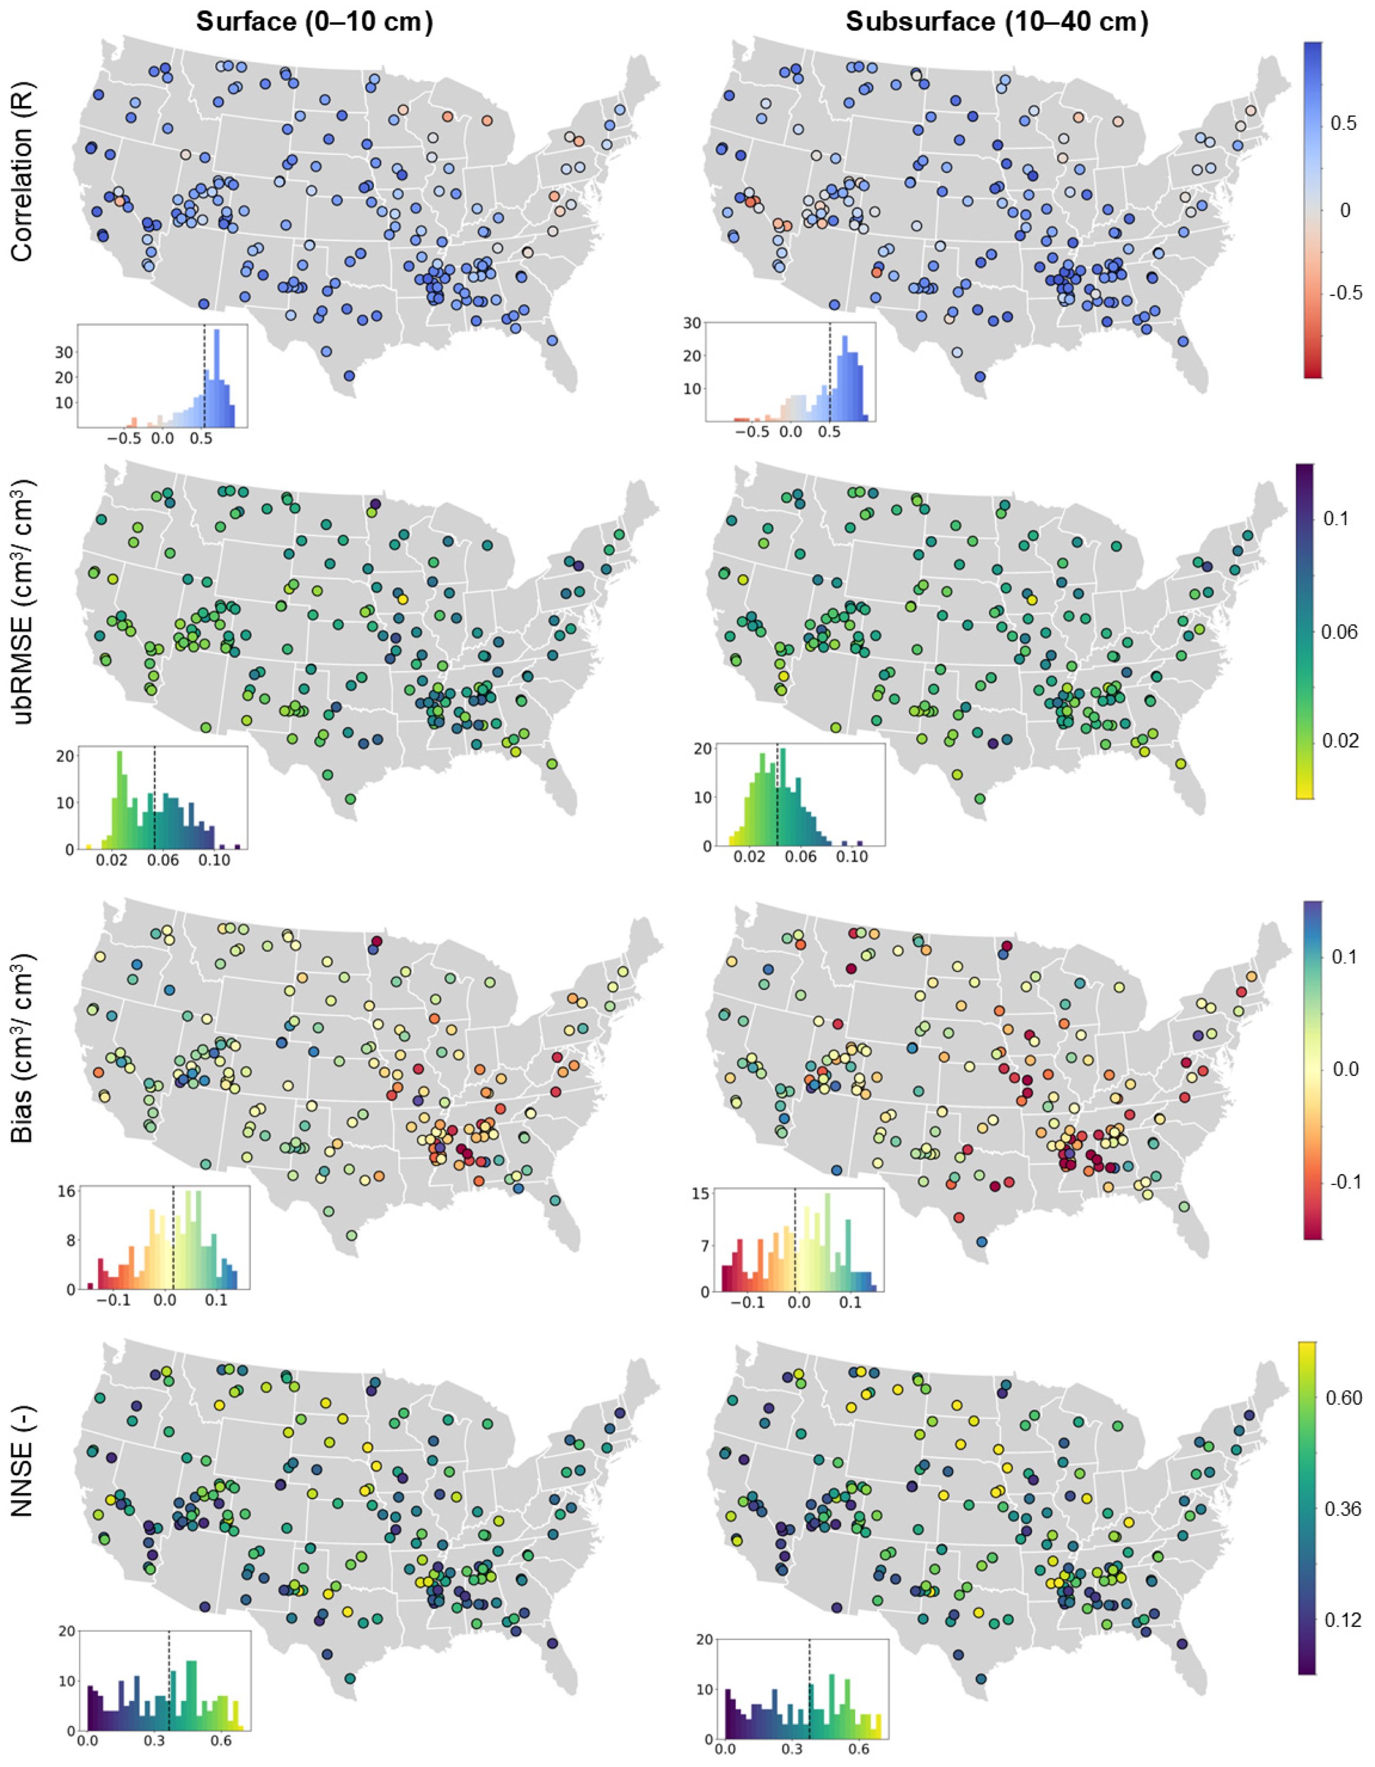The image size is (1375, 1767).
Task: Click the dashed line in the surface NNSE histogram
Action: (168, 1658)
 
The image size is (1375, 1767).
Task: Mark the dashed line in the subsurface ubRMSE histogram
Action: (776, 793)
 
